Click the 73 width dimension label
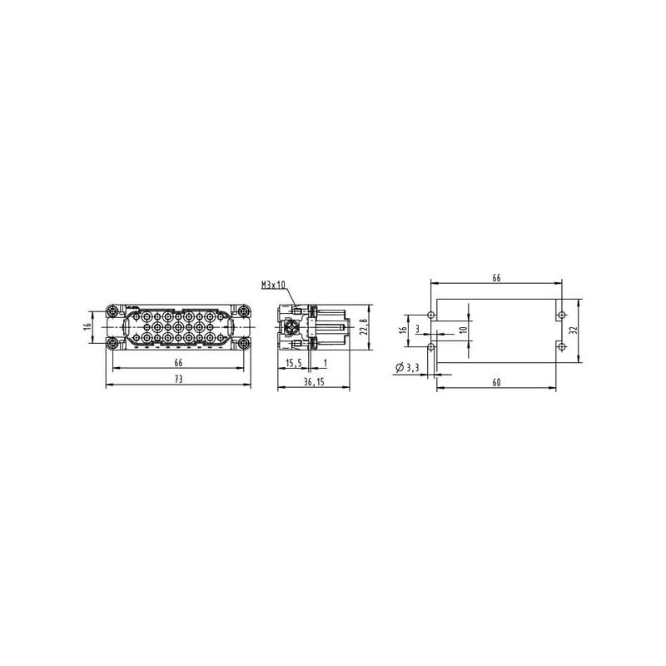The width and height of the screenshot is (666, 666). click(178, 379)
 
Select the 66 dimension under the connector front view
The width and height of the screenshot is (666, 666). click(178, 363)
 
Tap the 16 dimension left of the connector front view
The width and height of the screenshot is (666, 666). click(87, 326)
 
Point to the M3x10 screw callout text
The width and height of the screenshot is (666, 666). click(274, 285)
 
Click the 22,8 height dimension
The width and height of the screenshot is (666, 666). click(363, 327)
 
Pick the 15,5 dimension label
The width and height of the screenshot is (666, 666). click(294, 363)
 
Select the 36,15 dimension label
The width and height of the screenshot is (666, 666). click(314, 382)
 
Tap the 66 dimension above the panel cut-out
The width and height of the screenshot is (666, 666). click(496, 278)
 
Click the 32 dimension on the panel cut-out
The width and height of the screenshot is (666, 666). click(573, 330)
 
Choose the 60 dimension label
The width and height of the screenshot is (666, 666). click(496, 382)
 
